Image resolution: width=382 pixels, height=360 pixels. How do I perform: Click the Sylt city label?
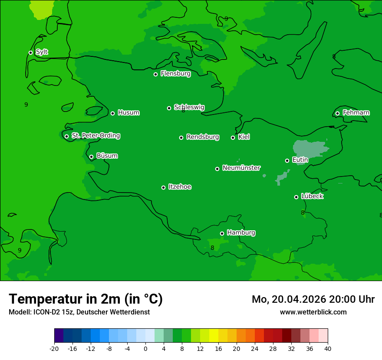(x=42, y=52)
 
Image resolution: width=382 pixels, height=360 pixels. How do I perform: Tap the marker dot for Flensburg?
(x=155, y=74)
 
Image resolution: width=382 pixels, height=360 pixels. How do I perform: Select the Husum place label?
(x=128, y=113)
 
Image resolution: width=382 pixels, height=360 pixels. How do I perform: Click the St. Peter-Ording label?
(x=95, y=136)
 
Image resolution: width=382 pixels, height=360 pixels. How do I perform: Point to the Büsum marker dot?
(x=91, y=157)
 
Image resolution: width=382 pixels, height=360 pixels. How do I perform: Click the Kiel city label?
(x=244, y=137)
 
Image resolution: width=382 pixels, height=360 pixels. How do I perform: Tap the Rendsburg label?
(x=203, y=137)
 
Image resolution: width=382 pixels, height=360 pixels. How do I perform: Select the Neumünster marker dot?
(x=217, y=169)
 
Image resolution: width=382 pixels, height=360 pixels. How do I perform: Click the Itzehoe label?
(x=180, y=187)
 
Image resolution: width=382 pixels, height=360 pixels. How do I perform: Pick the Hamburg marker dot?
(x=222, y=233)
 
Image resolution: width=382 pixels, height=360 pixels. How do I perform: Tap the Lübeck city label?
(x=312, y=196)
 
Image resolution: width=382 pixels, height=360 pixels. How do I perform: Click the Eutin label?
(x=300, y=160)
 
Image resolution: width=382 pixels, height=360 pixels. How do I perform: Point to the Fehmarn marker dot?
(x=337, y=113)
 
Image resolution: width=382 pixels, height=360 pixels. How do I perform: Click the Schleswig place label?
(x=189, y=107)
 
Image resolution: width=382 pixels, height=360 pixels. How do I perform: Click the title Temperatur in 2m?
(x=86, y=299)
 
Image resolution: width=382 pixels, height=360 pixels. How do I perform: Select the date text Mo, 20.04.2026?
(x=289, y=299)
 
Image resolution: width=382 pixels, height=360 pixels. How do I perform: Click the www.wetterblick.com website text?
(x=313, y=312)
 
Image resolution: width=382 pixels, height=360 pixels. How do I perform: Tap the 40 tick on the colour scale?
(x=328, y=349)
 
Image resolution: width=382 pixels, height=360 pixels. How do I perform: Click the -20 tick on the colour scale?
(x=54, y=349)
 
